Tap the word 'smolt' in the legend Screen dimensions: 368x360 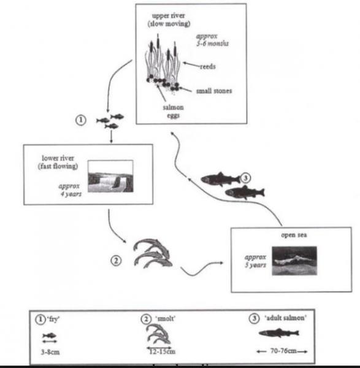pyautogui.click(x=164, y=319)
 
